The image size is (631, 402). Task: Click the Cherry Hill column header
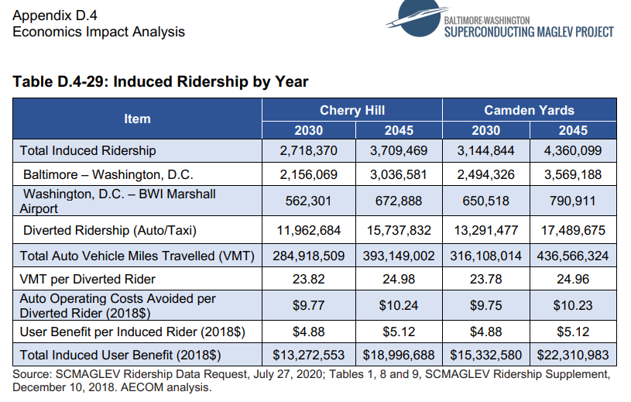click(x=352, y=110)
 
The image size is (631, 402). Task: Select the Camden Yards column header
click(x=529, y=110)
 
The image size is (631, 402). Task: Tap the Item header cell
click(x=137, y=119)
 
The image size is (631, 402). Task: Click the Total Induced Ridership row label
click(x=87, y=150)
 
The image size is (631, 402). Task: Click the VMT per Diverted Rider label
click(x=87, y=279)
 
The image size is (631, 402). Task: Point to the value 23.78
click(x=485, y=279)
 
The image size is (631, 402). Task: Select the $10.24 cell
click(x=398, y=305)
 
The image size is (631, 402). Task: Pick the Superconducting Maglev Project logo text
click(x=529, y=31)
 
